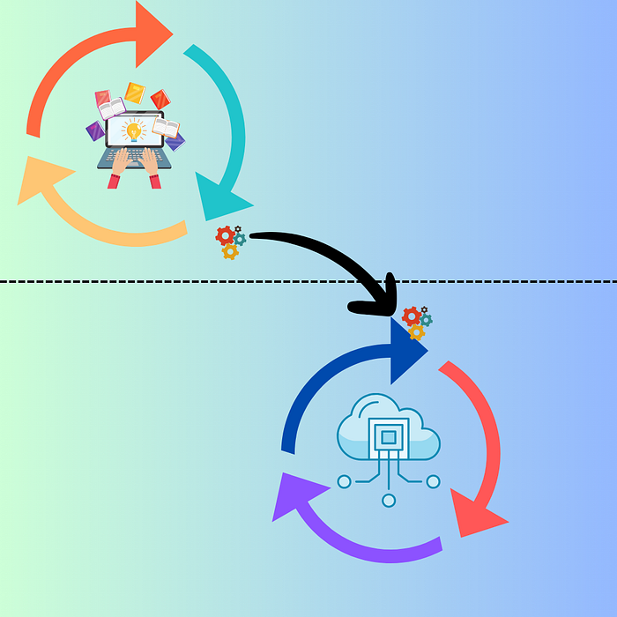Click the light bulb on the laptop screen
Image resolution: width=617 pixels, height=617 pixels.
[x=133, y=130]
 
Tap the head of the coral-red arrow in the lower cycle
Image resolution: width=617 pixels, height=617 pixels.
[x=475, y=515]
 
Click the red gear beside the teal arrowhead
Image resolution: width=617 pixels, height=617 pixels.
[x=225, y=235]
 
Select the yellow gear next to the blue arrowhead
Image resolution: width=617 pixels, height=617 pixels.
[x=417, y=332]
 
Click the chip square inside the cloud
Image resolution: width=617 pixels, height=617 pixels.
[x=389, y=435]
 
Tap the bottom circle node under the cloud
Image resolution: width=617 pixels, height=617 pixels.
[x=389, y=501]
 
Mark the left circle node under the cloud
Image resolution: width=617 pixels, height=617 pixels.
[x=344, y=481]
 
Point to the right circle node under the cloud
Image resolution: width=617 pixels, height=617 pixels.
[x=433, y=481]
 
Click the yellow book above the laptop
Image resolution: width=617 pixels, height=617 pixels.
[x=134, y=92]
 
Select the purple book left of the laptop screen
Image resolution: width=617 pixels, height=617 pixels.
[x=95, y=131]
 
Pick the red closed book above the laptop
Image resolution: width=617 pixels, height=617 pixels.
[x=160, y=100]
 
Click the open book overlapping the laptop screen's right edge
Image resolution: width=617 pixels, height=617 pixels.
[x=165, y=128]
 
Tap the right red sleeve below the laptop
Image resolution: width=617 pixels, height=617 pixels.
[x=155, y=181]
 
